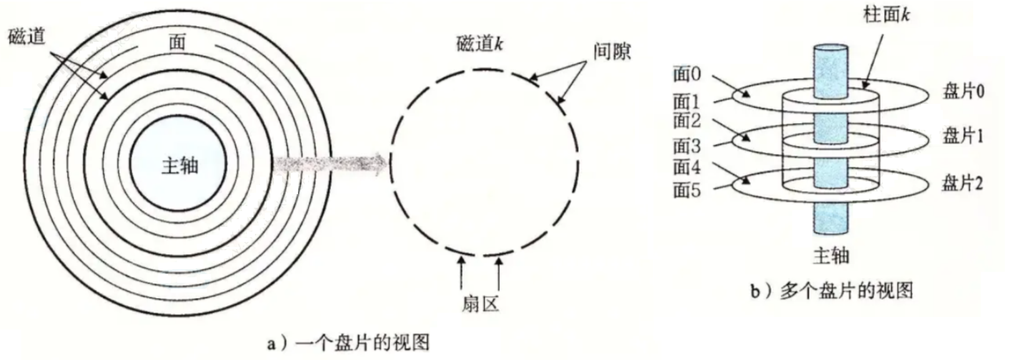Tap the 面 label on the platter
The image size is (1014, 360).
[177, 41]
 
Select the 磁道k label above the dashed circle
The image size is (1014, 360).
[480, 44]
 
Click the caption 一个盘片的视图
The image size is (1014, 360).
[349, 343]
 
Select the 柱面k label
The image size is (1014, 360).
[886, 15]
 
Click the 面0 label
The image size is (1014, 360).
[687, 74]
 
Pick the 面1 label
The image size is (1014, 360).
[687, 101]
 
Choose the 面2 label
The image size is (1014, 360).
[687, 121]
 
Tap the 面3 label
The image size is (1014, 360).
[687, 146]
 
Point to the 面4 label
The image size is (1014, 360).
[687, 166]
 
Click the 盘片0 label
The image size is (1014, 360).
[963, 91]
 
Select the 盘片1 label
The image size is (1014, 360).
[963, 135]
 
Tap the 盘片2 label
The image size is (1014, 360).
[962, 184]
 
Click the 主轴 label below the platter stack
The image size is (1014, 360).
[831, 255]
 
